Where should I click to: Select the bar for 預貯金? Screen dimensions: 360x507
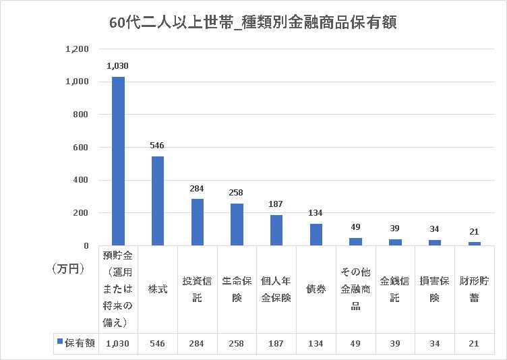[x=118, y=162]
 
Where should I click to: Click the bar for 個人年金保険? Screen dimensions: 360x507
[x=276, y=231]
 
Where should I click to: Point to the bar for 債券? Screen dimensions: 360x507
[x=316, y=235]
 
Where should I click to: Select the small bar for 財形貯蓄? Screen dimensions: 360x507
[x=475, y=243]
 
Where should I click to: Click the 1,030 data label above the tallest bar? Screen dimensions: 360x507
[x=117, y=66]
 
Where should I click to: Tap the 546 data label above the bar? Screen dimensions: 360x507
[x=157, y=145]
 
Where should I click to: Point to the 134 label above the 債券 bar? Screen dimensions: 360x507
[x=316, y=213]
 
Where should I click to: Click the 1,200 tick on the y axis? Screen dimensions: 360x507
[x=77, y=49]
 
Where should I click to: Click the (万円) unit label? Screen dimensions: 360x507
[x=67, y=268]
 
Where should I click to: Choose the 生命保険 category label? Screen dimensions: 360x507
[x=237, y=289]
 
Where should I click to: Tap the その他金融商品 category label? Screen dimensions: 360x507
[x=356, y=289]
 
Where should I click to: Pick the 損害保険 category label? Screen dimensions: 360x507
[x=435, y=289]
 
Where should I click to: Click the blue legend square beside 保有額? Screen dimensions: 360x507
[x=60, y=342]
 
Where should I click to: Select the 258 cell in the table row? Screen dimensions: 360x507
[x=237, y=343]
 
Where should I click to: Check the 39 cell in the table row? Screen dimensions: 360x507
[x=395, y=343]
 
